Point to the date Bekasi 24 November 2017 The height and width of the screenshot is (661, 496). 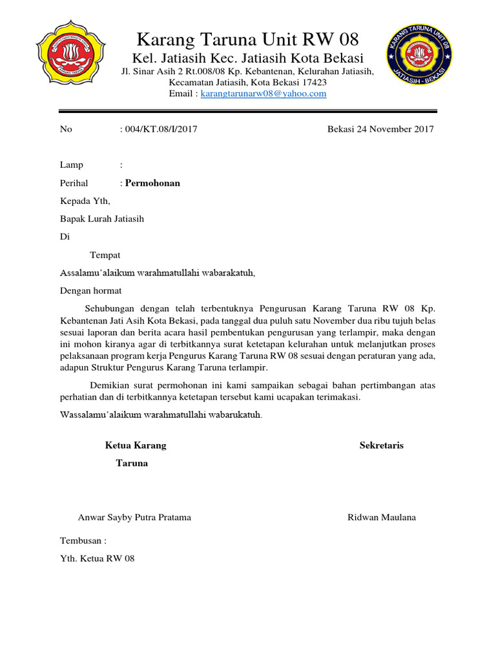tap(380, 129)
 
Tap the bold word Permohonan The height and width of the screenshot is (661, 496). tap(152, 183)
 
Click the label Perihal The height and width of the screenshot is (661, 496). tap(74, 183)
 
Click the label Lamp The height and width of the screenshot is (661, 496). tap(71, 165)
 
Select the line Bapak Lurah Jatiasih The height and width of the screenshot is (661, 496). tap(102, 219)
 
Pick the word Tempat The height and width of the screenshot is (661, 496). tap(105, 255)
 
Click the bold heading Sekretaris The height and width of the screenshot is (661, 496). tap(381, 445)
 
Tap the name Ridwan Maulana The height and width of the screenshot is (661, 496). tap(382, 518)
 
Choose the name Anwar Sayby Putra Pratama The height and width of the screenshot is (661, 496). tap(134, 518)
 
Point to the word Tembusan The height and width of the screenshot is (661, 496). tap(83, 541)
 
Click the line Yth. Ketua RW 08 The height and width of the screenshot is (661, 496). tap(97, 559)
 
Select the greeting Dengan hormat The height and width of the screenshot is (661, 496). tap(90, 291)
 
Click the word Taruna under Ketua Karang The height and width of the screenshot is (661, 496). tap(132, 463)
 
